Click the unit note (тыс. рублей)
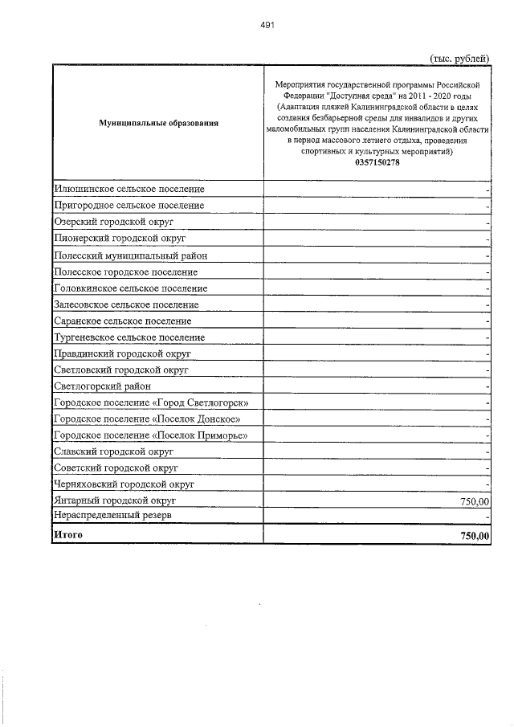[460, 57]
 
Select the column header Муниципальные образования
[157, 123]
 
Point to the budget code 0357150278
[377, 163]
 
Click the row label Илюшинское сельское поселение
[128, 189]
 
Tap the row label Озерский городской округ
[114, 222]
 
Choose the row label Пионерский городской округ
[120, 239]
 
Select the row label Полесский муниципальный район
[130, 255]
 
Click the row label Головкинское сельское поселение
[130, 288]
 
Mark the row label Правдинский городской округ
[122, 354]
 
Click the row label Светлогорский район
[102, 387]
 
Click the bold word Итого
[67, 534]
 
